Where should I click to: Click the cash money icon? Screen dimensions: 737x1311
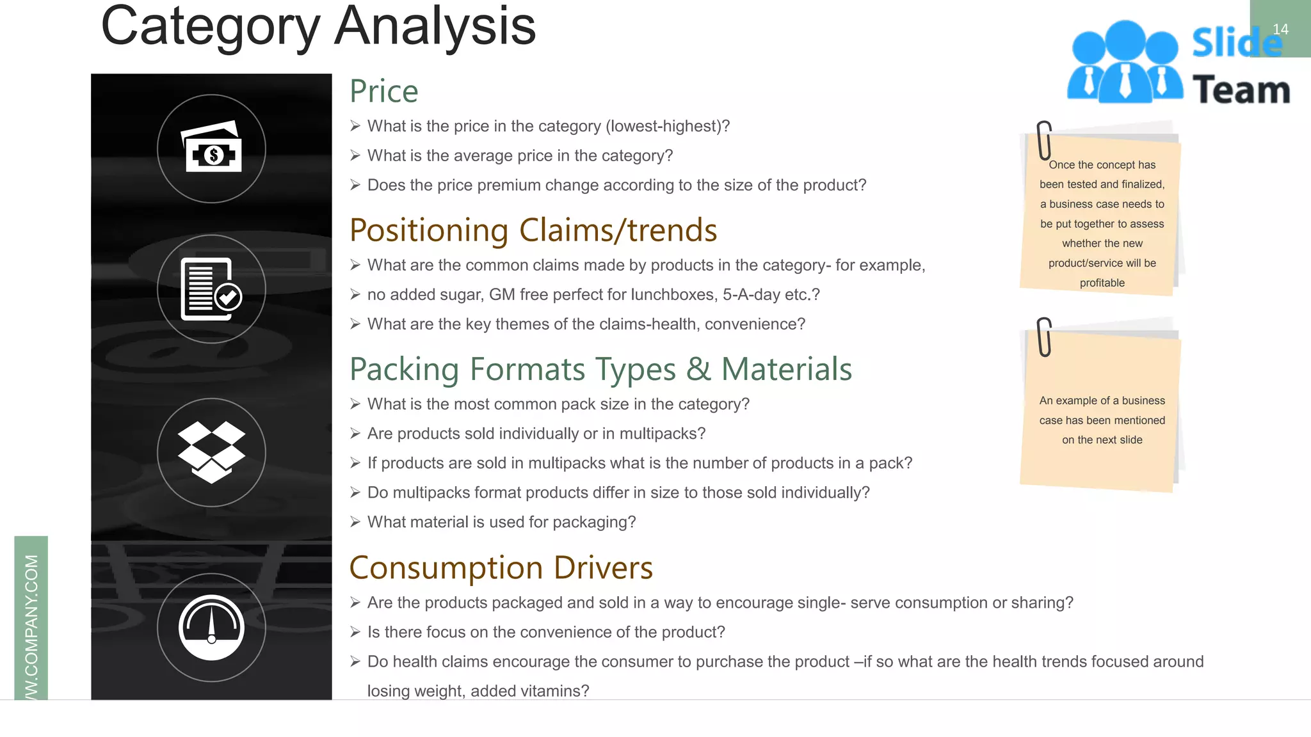tap(212, 148)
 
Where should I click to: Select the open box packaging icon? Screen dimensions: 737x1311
tap(211, 452)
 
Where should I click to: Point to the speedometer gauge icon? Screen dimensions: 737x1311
tap(211, 627)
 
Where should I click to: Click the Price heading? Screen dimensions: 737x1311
tap(384, 91)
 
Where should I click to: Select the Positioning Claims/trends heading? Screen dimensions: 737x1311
tap(533, 230)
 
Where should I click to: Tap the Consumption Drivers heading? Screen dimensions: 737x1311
tap(501, 568)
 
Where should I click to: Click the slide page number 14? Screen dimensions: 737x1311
tap(1280, 29)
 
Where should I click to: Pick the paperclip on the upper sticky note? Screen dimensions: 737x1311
tap(1044, 139)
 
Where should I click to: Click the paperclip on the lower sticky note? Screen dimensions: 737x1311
tap(1044, 337)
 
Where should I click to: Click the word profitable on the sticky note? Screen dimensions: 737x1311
tap(1102, 283)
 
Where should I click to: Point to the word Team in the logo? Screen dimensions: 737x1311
tap(1241, 90)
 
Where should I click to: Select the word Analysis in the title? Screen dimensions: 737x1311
tap(435, 27)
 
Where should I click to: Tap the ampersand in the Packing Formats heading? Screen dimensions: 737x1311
tap(698, 370)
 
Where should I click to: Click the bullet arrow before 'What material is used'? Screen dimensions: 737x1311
tap(355, 522)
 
